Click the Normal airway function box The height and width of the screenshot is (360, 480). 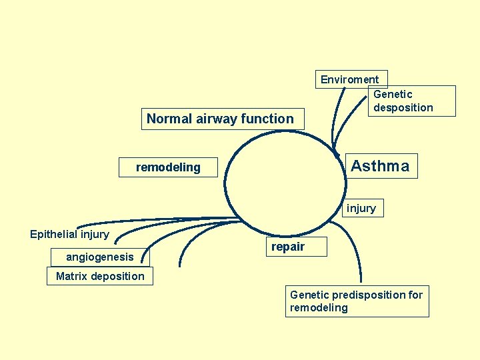tap(220, 119)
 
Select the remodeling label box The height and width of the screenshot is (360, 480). tap(168, 167)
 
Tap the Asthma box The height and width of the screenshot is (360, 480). tap(380, 166)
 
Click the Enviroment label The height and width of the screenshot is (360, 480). tap(349, 79)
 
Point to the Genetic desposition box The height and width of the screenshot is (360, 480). tap(411, 101)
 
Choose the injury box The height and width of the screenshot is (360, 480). tap(361, 209)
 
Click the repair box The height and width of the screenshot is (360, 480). tap(288, 247)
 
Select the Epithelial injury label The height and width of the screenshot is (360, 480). tap(69, 234)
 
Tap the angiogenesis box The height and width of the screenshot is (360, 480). tap(100, 257)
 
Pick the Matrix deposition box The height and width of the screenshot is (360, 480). tap(100, 276)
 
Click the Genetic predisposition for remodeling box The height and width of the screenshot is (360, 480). tap(357, 301)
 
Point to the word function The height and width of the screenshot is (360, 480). tap(269, 119)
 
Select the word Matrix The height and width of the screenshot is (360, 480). tap(71, 276)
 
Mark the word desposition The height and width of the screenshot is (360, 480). tap(403, 107)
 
